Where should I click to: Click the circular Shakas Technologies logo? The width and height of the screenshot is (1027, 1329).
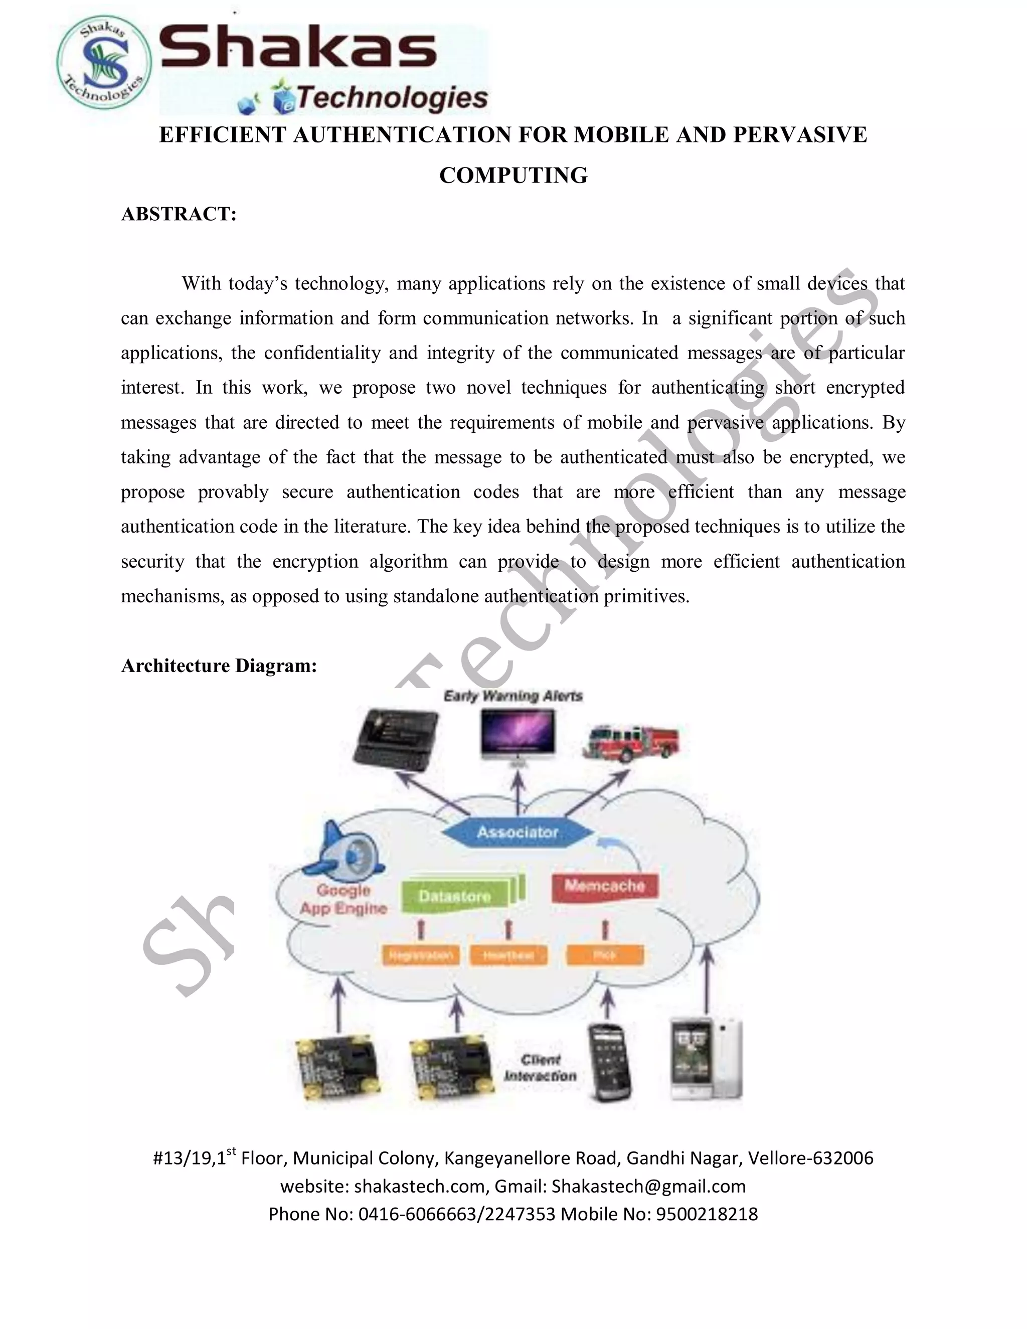(103, 63)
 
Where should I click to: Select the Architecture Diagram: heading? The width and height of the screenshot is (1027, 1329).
(219, 666)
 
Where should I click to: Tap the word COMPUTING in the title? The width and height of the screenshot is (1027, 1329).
(513, 175)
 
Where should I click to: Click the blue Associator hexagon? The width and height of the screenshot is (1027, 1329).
(517, 832)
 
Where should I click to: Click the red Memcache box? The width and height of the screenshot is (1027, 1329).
(605, 886)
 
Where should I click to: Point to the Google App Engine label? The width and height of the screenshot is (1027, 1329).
(343, 899)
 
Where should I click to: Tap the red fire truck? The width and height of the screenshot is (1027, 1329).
(630, 742)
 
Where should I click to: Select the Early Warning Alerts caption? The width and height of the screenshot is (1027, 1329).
(513, 696)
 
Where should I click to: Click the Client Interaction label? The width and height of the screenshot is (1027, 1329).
(540, 1068)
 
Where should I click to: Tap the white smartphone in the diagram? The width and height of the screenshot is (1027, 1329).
(706, 1059)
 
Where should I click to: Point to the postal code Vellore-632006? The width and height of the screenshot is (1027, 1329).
(810, 1158)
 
